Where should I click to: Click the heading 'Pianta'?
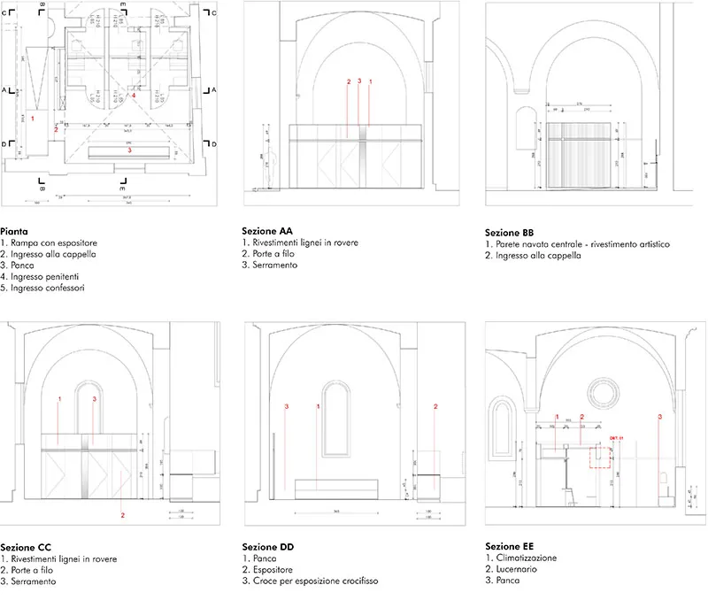click(15, 229)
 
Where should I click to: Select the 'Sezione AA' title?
click(266, 230)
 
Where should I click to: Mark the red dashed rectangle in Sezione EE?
click(601, 456)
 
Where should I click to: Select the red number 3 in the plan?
click(129, 150)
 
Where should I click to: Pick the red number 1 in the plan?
click(32, 117)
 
